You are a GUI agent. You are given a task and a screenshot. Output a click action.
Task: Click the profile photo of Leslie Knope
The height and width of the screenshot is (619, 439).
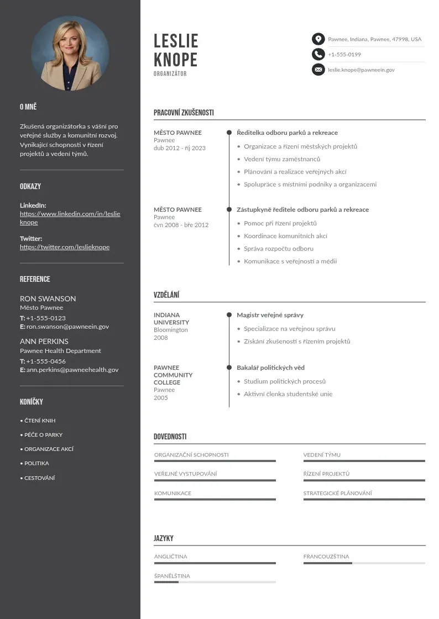70,54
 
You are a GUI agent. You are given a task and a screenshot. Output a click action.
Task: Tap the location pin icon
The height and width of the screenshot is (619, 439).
318,39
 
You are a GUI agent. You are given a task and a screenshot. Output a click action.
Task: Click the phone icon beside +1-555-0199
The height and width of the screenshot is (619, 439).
318,54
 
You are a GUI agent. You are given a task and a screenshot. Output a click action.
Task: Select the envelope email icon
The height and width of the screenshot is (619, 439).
318,70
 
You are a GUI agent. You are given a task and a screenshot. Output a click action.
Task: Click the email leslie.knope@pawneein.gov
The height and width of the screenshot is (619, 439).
361,70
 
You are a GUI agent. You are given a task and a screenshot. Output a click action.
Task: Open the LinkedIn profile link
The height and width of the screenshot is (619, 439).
70,218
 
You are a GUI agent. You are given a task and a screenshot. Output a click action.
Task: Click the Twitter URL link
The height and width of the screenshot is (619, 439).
65,247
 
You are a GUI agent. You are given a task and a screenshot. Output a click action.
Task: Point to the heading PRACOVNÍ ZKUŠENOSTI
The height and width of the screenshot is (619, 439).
184,113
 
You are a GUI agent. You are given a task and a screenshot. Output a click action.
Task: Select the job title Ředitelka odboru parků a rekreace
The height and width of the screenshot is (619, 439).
287,133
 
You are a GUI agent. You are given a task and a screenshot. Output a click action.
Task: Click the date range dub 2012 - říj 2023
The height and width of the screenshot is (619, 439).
180,148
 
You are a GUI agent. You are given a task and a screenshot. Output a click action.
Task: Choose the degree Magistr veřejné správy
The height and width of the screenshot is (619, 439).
270,315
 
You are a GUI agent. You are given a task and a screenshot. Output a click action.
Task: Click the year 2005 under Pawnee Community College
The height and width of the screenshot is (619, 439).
160,398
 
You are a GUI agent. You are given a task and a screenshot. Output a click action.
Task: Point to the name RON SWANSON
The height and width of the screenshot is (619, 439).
48,298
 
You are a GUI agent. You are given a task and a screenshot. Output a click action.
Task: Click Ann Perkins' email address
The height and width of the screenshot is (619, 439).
72,370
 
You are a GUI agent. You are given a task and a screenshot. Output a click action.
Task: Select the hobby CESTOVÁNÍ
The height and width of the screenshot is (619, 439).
39,478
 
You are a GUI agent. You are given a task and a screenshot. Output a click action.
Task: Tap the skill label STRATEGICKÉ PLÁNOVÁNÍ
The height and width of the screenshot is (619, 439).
337,494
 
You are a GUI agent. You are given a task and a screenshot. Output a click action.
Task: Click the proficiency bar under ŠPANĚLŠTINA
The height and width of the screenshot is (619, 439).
215,582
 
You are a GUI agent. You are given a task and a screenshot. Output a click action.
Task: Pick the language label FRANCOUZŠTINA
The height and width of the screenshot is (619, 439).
326,557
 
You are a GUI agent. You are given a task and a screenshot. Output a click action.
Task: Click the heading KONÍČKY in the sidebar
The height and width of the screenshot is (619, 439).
31,402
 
